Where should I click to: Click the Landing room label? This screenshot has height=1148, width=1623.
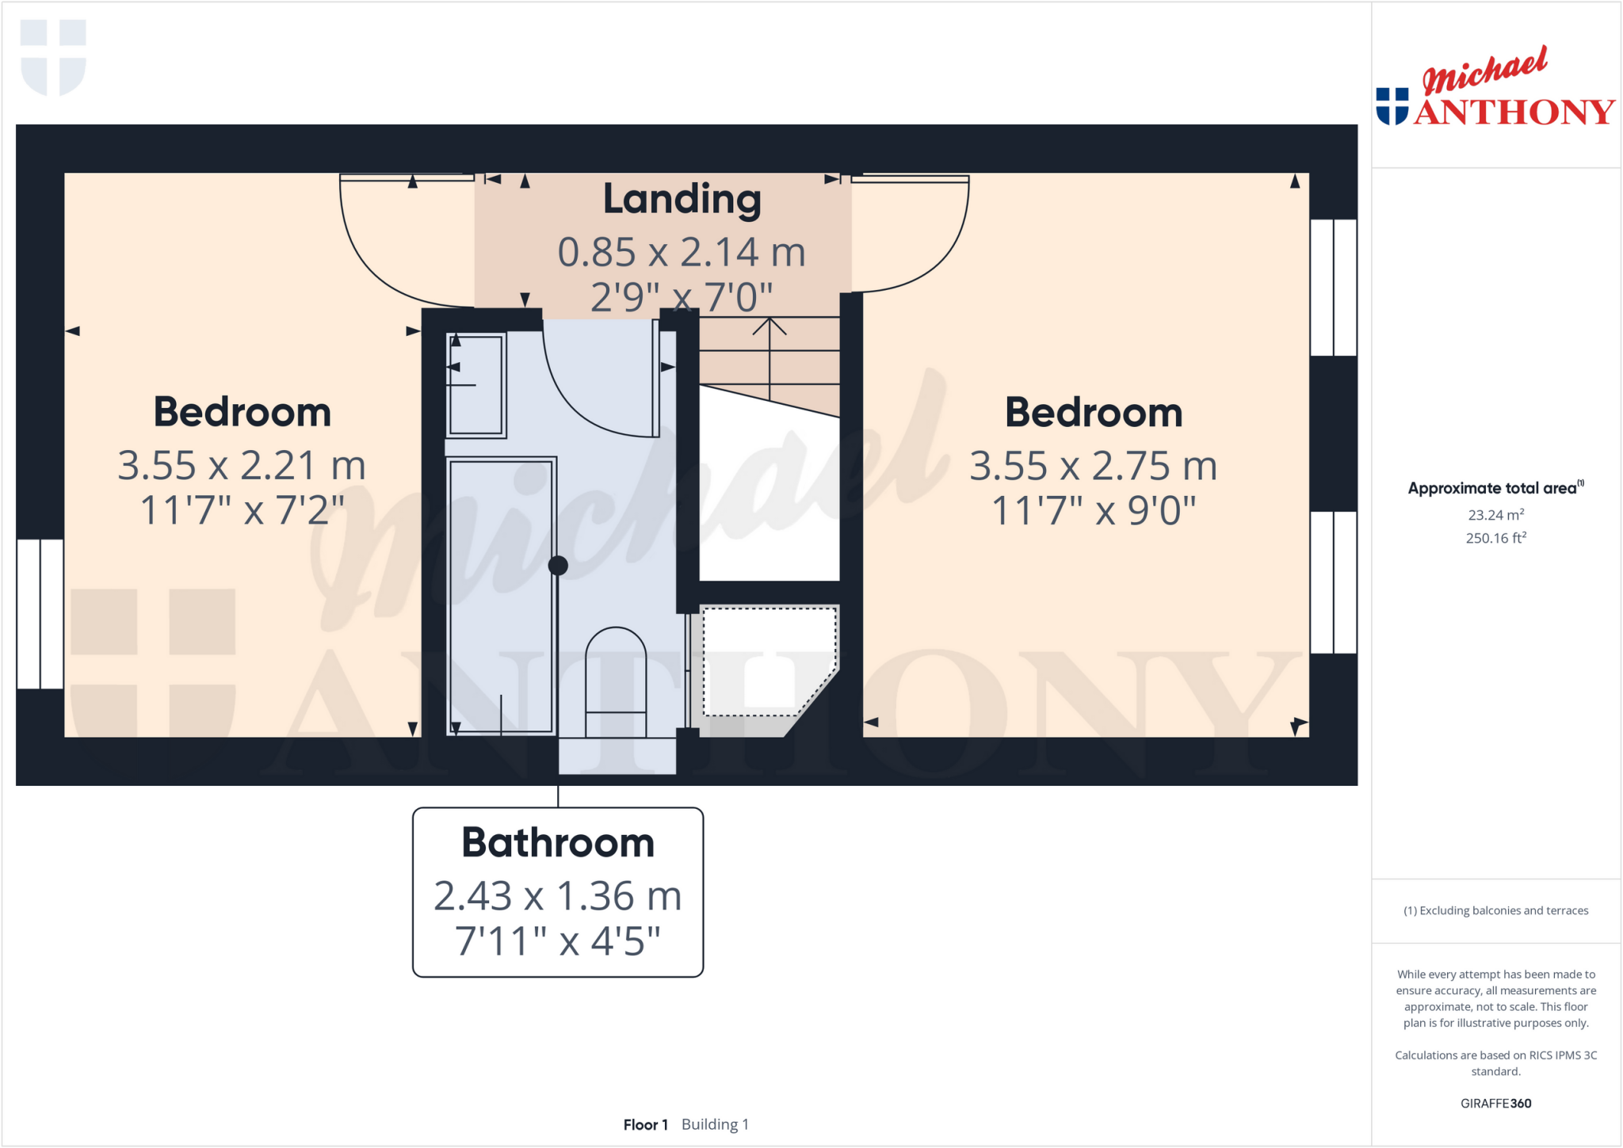point(682,199)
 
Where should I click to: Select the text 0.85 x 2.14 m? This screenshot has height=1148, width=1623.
point(682,252)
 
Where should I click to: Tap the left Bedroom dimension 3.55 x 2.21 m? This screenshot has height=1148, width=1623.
point(242,465)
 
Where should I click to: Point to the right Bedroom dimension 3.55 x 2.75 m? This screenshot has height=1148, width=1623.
point(1093,466)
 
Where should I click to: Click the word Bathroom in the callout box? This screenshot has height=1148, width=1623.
point(558,842)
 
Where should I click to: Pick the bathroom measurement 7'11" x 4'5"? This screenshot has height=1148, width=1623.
point(558,941)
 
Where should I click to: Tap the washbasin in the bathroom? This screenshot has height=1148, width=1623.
point(475,386)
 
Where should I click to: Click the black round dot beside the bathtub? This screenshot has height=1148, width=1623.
point(558,565)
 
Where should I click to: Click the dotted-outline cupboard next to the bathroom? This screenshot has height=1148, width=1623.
point(767,662)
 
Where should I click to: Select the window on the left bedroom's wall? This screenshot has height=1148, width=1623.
point(40,614)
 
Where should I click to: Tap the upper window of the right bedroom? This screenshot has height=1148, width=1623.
point(1333,288)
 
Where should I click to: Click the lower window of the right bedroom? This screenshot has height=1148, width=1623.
point(1333,582)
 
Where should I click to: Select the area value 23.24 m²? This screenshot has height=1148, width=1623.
point(1495,515)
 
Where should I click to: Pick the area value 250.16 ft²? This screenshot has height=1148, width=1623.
point(1495,538)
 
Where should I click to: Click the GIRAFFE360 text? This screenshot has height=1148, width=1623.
point(1495,1103)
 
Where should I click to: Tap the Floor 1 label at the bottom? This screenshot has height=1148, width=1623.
point(645,1124)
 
